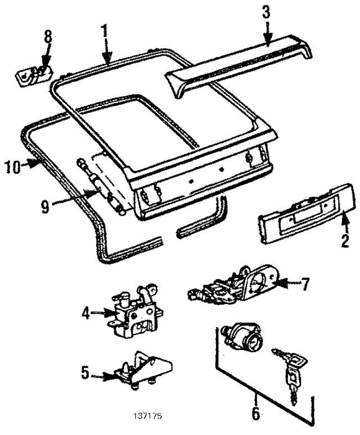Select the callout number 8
coord(48,37)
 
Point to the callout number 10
coord(12,166)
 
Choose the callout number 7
coord(304,284)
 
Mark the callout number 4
coord(84,312)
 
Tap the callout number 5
coord(84,372)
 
